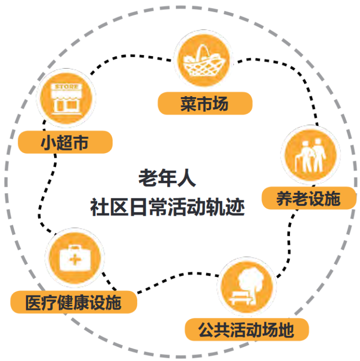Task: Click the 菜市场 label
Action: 205,103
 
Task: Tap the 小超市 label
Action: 65,142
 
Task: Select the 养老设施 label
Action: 308,198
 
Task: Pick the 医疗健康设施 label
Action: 74,302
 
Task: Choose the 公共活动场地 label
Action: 247,329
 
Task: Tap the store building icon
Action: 66,98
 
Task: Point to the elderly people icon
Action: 310,155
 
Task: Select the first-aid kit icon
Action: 75,257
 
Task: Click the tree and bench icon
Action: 246,287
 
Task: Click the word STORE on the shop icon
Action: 66,87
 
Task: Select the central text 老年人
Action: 167,178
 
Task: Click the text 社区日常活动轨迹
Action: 167,207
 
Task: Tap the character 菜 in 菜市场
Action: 188,104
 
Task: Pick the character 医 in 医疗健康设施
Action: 34,302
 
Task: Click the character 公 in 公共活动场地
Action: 206,329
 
